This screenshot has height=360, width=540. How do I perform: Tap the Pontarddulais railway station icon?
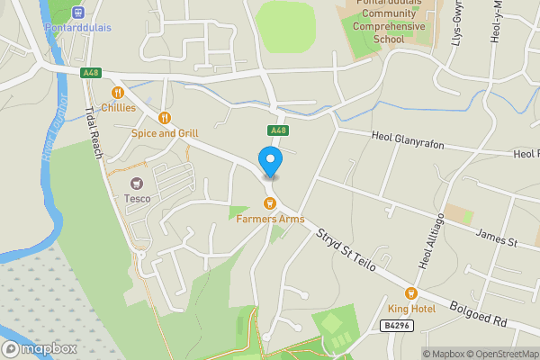(77, 13)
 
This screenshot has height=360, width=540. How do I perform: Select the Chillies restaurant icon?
(117, 93)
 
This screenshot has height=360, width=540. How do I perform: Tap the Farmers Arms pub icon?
(268, 203)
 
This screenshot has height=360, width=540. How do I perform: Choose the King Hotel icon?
(411, 293)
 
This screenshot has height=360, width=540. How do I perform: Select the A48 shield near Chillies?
(89, 73)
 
